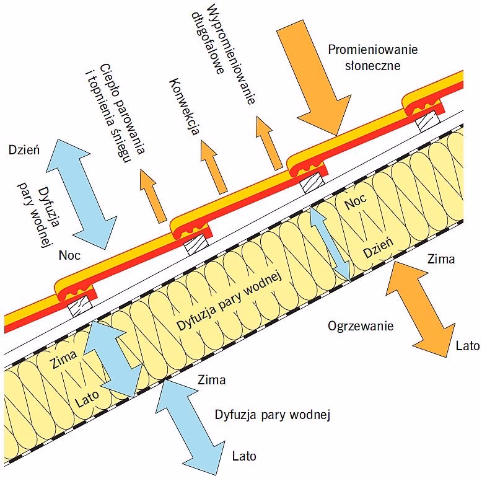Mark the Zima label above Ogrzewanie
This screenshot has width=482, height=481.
[x=441, y=259]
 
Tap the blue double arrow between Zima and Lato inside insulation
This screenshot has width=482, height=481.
[x=112, y=356]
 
